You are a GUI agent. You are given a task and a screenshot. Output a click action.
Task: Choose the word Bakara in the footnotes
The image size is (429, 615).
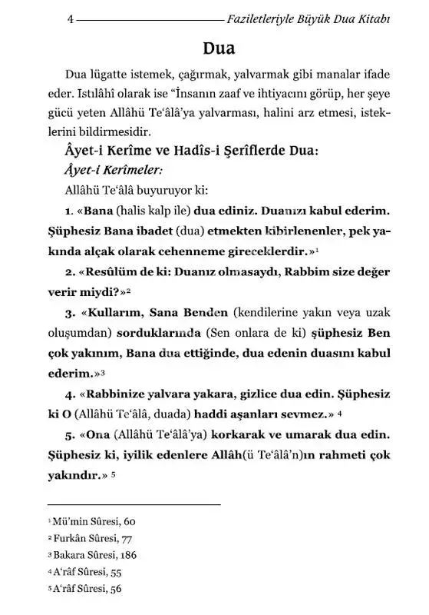coord(68,555)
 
